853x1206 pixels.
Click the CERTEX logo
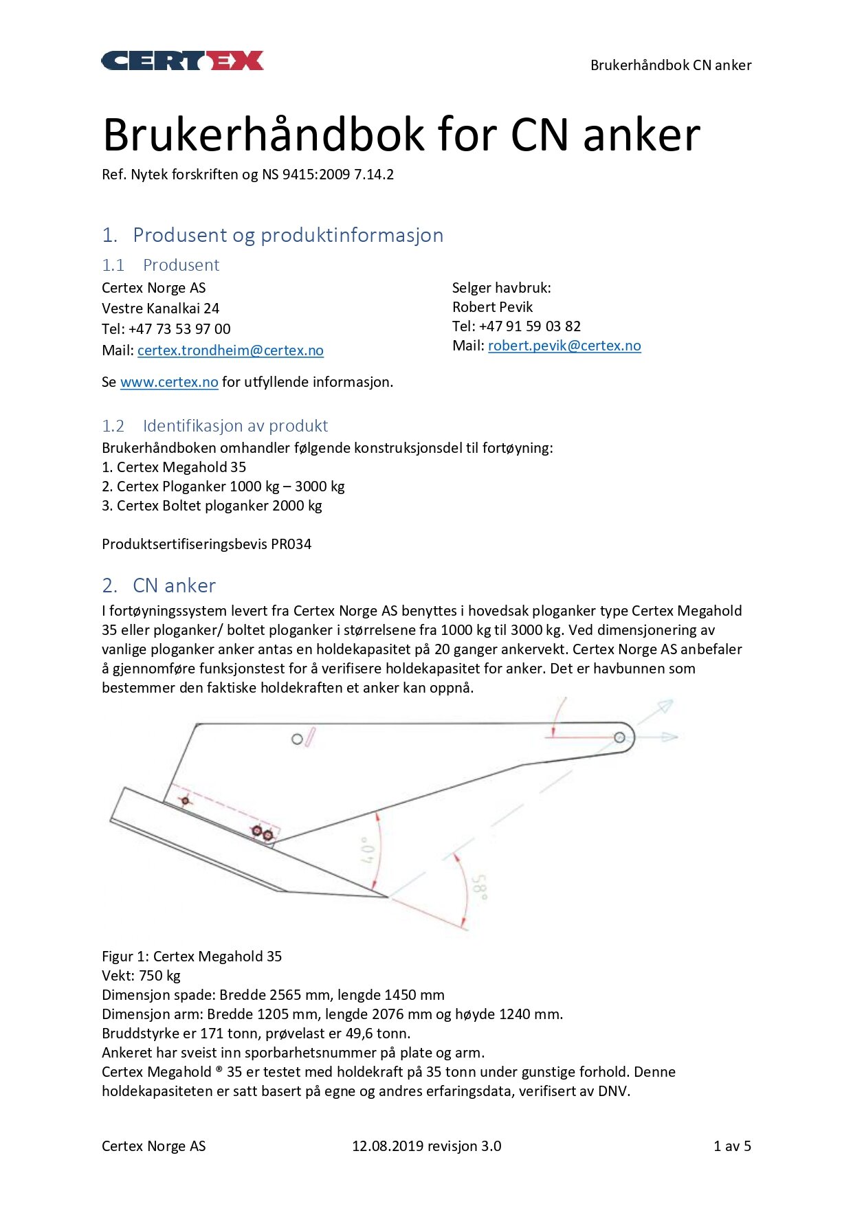coord(182,61)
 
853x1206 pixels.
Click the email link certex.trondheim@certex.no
coord(230,350)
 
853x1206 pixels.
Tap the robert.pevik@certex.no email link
coord(564,346)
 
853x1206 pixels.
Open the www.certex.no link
coord(169,382)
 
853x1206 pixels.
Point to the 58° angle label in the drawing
coord(480,887)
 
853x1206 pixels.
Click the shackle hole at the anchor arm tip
coord(619,737)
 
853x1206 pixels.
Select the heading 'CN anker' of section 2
coord(174,585)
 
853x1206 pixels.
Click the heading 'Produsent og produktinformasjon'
coord(287,235)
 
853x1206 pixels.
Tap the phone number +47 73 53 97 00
coord(179,329)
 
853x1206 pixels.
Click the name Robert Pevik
coord(492,307)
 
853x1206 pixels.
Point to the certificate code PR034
coord(291,544)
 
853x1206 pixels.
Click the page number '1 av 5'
coord(732,1146)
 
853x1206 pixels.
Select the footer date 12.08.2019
coord(388,1146)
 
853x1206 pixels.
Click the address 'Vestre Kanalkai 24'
coord(160,309)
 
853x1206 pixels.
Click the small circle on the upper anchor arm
coord(297,739)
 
